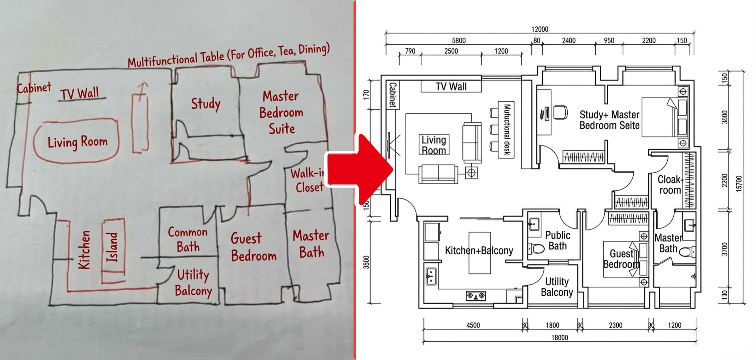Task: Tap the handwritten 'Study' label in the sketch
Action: coord(206,104)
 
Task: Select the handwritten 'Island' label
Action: coord(113,247)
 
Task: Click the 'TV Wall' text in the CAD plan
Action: coord(451,87)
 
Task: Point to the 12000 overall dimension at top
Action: coord(540,29)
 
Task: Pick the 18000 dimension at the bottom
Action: coord(559,338)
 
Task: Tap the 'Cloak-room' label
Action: coord(670,185)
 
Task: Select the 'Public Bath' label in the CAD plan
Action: coord(557,240)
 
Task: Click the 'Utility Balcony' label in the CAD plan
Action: coord(557,287)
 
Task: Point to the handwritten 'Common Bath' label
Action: coord(188,239)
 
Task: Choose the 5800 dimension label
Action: coord(458,41)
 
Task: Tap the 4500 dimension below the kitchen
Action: coord(473,325)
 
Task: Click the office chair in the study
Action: coord(560,112)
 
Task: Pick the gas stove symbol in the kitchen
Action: coord(476,295)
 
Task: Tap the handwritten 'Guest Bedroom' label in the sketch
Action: coord(253,247)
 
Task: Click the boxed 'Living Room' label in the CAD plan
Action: coord(433,145)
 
